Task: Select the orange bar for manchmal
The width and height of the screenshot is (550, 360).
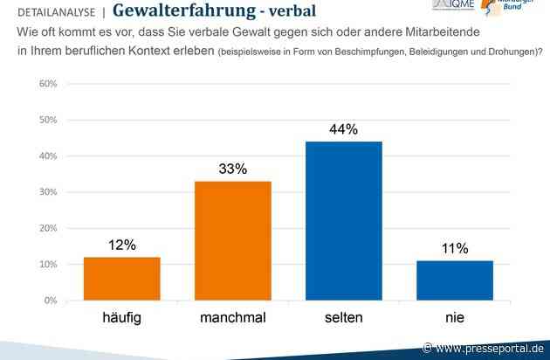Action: click(233, 240)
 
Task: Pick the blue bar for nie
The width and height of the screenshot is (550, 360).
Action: click(455, 280)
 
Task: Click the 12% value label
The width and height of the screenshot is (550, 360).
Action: click(122, 246)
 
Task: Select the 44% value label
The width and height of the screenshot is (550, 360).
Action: click(344, 129)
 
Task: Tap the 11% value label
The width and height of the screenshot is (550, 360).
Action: click(455, 249)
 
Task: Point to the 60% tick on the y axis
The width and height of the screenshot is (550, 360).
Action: click(47, 84)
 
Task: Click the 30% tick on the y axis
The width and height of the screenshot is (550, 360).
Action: click(47, 192)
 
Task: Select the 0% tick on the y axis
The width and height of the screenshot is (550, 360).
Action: click(50, 301)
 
